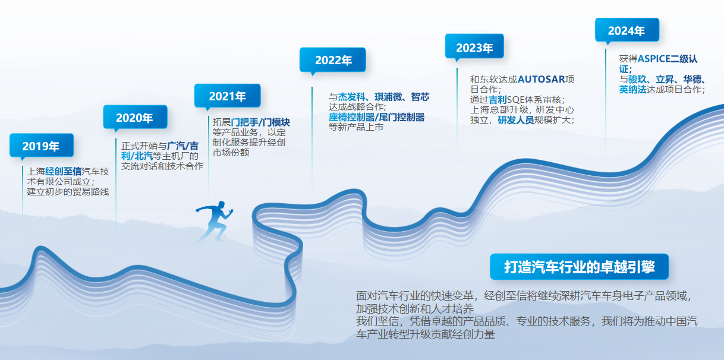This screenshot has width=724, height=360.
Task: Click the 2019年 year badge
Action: pos(42,146)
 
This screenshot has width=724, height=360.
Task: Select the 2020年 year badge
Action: pos(135,118)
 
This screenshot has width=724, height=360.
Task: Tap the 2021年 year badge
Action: pos(227,96)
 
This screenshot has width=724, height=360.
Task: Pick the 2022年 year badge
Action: pos(333,61)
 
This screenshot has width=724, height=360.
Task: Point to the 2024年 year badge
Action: pos(627,31)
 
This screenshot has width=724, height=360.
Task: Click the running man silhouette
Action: pos(215,222)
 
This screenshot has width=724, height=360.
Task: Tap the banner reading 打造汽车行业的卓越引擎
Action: pos(579,267)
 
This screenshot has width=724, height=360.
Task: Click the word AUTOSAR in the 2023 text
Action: pos(542,79)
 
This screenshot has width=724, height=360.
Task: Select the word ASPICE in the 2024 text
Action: pos(654,59)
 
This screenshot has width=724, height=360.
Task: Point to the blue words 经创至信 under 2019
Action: pos(64,171)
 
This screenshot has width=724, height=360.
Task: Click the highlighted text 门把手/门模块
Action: pos(260,122)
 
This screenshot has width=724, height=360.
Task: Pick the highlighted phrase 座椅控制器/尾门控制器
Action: pos(376,117)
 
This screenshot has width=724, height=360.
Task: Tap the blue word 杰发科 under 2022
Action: pos(351,97)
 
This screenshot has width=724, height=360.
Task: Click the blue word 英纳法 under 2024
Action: pos(632,90)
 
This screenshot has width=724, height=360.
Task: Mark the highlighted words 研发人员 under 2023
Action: pos(515,120)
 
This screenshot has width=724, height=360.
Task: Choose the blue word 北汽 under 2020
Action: pos(143,156)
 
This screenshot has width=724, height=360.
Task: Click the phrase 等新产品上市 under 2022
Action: pos(356,127)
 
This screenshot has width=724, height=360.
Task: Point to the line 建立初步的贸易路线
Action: pos(68,192)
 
